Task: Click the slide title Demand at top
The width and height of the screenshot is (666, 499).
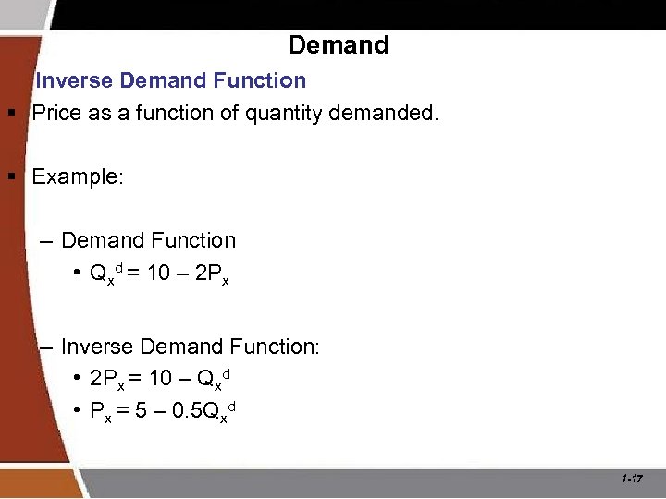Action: pyautogui.click(x=339, y=44)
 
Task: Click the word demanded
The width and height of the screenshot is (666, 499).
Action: pyautogui.click(x=389, y=114)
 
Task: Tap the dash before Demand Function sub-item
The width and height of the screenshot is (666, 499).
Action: pyautogui.click(x=47, y=241)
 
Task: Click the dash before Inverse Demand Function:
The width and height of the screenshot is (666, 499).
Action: pyautogui.click(x=47, y=347)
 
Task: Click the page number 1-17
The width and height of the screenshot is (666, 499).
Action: pyautogui.click(x=633, y=479)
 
